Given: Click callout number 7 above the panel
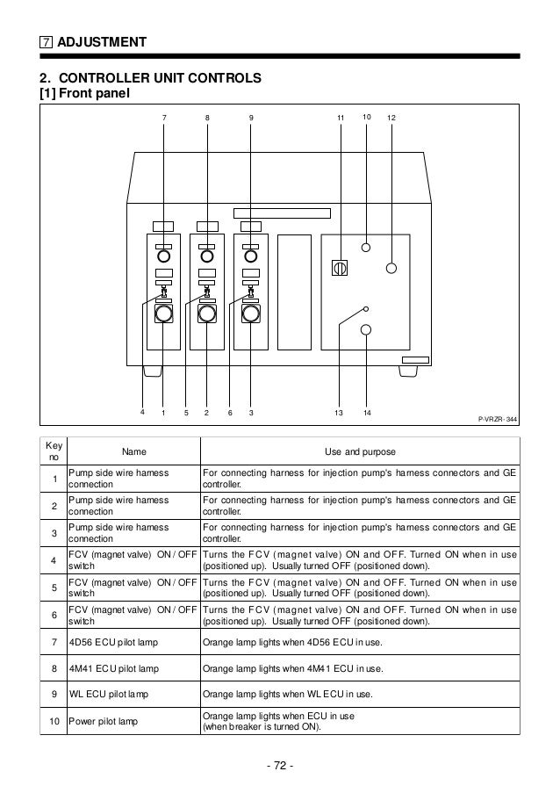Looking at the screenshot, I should pos(162,117).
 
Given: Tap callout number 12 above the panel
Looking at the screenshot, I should pos(391,117).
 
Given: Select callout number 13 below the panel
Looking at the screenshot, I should pos(338,412).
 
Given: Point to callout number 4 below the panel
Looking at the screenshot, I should pos(142,412).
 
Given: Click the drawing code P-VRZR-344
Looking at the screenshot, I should pos(497,420).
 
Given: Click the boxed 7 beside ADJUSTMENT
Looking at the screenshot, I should pos(47,42).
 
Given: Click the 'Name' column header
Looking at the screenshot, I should pos(133,451).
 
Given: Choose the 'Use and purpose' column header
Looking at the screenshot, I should pos(360,451).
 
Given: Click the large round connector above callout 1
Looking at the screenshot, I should pos(163,314).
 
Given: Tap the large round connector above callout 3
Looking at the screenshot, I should pos(250,314).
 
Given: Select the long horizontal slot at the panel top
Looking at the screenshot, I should pos(282,213).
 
